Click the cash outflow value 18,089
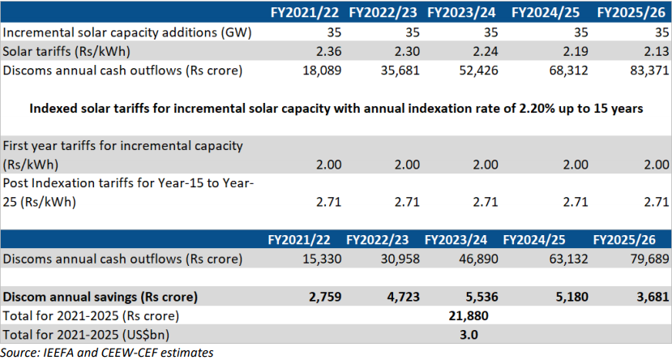[x=319, y=71]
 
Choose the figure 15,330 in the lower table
[x=319, y=259]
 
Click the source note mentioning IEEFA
[x=107, y=351]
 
